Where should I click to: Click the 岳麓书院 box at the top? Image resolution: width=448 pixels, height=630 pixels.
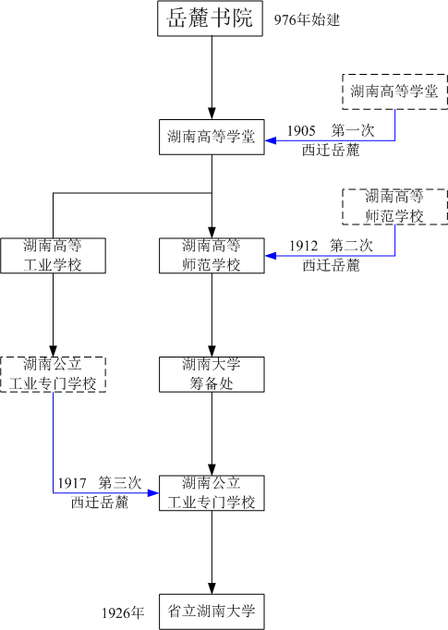click(x=211, y=18)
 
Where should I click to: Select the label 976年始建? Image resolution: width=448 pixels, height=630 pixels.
click(x=308, y=19)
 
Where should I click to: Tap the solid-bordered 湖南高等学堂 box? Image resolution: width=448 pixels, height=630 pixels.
click(x=212, y=138)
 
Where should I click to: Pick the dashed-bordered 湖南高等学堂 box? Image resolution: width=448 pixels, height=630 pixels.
click(x=394, y=91)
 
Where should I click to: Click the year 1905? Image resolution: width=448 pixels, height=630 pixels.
click(x=301, y=131)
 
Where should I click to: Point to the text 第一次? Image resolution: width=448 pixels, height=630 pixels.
click(x=352, y=131)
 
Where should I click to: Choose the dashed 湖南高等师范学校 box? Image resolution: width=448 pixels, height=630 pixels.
click(x=394, y=206)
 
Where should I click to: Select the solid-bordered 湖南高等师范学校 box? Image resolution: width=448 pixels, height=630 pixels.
click(x=212, y=255)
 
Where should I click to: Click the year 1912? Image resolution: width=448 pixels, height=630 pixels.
click(x=303, y=246)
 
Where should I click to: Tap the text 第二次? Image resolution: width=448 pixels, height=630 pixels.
click(x=352, y=246)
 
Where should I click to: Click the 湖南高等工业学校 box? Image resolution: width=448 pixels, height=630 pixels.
click(x=53, y=255)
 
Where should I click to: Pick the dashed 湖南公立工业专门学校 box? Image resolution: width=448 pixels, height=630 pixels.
click(x=53, y=373)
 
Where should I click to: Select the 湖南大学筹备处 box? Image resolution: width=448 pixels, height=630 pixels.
click(x=212, y=373)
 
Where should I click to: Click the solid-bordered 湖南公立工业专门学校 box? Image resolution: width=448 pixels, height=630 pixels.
click(x=212, y=492)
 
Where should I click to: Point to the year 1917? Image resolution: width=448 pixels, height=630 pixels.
click(x=72, y=483)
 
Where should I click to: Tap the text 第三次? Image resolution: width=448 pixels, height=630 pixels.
click(x=120, y=483)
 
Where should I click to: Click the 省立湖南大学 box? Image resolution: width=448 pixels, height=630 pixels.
click(x=212, y=611)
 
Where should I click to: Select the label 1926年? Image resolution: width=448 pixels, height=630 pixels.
click(x=123, y=612)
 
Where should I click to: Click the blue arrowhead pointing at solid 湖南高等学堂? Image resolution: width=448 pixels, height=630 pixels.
click(x=272, y=140)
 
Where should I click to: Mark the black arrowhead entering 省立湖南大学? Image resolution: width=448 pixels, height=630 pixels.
click(x=212, y=588)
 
